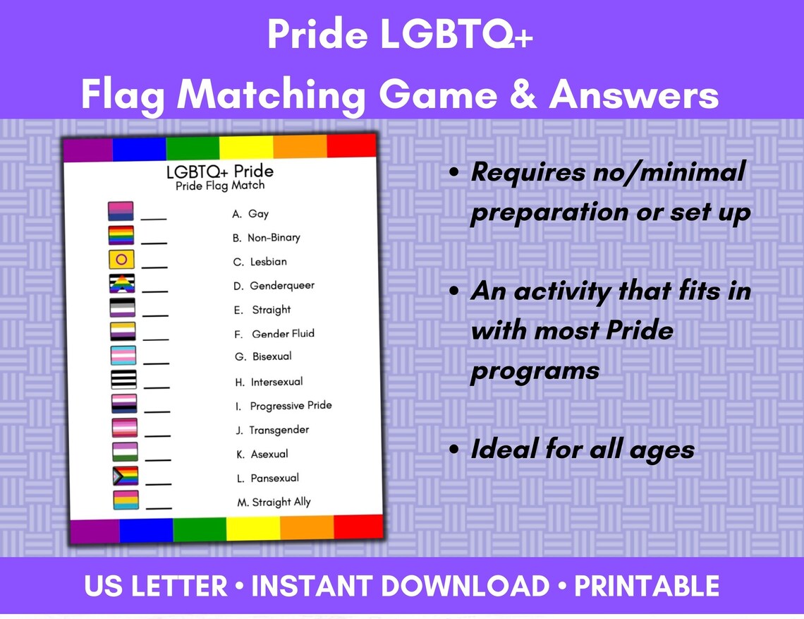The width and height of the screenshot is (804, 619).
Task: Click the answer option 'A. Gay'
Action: (250, 214)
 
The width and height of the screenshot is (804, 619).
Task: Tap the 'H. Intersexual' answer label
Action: (269, 382)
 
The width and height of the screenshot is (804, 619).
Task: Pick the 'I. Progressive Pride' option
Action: (283, 406)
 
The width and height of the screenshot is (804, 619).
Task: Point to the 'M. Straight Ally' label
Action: (274, 502)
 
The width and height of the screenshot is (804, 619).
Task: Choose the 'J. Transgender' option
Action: (272, 430)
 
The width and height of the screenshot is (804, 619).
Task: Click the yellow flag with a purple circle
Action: (121, 260)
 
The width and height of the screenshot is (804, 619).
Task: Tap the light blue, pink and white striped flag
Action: (123, 355)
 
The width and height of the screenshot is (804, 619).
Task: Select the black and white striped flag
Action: (124, 379)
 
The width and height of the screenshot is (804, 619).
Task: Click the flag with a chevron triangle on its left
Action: (126, 476)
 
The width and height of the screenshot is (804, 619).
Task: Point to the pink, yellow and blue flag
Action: (126, 500)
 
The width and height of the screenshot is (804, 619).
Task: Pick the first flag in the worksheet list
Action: (120, 212)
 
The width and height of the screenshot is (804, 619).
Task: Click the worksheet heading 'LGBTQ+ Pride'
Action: (219, 172)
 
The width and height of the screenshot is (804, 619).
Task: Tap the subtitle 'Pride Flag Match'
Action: (220, 186)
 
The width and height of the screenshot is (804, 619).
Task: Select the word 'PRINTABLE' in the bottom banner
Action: (647, 587)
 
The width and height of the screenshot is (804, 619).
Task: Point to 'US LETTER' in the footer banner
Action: (156, 587)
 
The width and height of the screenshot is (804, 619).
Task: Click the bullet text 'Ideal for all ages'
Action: (583, 450)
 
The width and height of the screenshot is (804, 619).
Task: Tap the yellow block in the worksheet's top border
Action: (245, 148)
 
